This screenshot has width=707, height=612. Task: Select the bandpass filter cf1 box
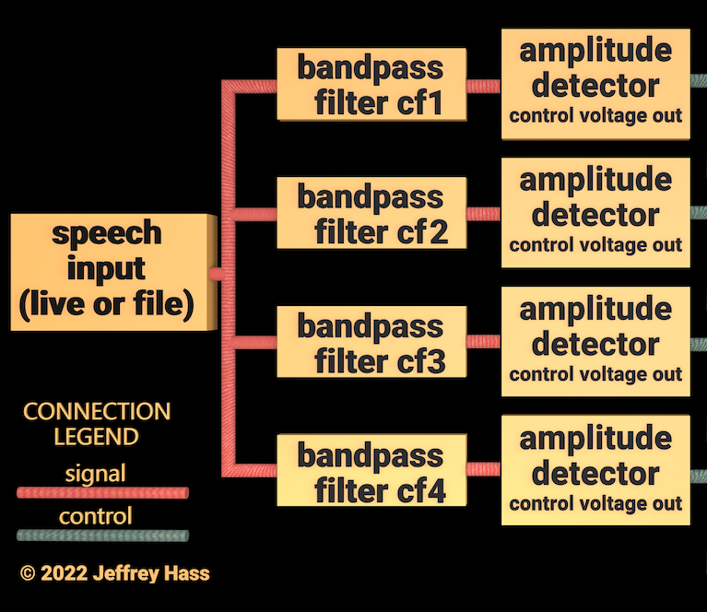pyautogui.click(x=371, y=85)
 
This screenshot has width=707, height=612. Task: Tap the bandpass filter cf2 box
pyautogui.click(x=371, y=214)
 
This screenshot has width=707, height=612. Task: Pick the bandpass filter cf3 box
pyautogui.click(x=371, y=343)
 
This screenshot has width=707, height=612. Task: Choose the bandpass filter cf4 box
pyautogui.click(x=371, y=472)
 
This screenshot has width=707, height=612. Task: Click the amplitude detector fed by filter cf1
pyautogui.click(x=595, y=84)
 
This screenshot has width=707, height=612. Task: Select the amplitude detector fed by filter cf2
pyautogui.click(x=595, y=213)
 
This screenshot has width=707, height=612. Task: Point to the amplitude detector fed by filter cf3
pyautogui.click(x=595, y=342)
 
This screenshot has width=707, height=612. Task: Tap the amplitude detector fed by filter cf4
pyautogui.click(x=595, y=471)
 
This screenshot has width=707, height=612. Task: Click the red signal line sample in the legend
pyautogui.click(x=102, y=493)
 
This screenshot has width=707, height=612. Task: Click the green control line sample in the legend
pyautogui.click(x=102, y=535)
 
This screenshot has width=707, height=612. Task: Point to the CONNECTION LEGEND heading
pyautogui.click(x=96, y=423)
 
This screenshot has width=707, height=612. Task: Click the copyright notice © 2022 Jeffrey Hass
pyautogui.click(x=114, y=573)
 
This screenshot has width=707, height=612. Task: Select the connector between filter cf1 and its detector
pyautogui.click(x=484, y=86)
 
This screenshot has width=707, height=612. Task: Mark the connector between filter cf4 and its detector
pyautogui.click(x=484, y=469)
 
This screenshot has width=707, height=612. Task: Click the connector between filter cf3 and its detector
pyautogui.click(x=484, y=342)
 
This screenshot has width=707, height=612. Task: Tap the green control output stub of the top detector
pyautogui.click(x=699, y=81)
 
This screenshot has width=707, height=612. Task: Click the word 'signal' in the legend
pyautogui.click(x=96, y=474)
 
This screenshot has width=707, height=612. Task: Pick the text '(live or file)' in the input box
pyautogui.click(x=106, y=305)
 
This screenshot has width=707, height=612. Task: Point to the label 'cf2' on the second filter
pyautogui.click(x=425, y=232)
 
